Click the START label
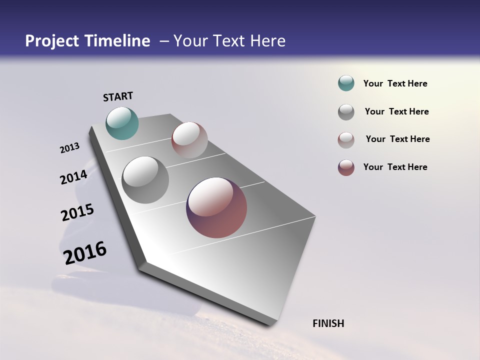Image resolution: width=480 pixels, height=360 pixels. (118, 96)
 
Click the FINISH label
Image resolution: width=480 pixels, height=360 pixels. (328, 323)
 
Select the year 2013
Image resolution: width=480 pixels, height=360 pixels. (69, 148)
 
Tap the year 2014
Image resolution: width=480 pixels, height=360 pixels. (73, 177)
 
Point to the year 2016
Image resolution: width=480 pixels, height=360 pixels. (85, 253)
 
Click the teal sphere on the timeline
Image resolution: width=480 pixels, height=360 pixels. (122, 123)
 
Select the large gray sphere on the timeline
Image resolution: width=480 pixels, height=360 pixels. (145, 180)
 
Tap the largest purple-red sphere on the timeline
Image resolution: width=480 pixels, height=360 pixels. (216, 207)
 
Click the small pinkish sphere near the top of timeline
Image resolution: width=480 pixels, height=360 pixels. (189, 140)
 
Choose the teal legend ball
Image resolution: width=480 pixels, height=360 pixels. (346, 83)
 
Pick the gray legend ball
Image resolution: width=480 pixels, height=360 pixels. (346, 111)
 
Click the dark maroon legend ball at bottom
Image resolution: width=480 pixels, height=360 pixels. (346, 167)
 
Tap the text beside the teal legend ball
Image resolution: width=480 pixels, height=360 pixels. (395, 83)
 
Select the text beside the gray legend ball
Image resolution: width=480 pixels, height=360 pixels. (396, 111)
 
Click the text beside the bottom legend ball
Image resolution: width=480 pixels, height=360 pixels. (395, 167)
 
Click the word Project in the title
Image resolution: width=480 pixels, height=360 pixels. (52, 41)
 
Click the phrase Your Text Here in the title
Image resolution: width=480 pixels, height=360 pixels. (229, 41)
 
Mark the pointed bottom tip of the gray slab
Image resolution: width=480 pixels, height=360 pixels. (270, 325)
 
